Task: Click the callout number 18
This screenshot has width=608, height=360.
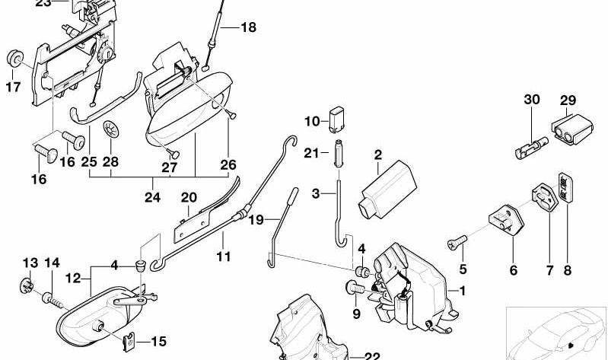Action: pos(248,27)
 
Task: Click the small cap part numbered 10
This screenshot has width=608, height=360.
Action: pos(337,119)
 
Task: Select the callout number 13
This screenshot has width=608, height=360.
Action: pos(28,263)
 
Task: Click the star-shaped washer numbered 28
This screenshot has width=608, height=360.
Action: pos(111,131)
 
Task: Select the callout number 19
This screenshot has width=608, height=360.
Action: pos(255,219)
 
